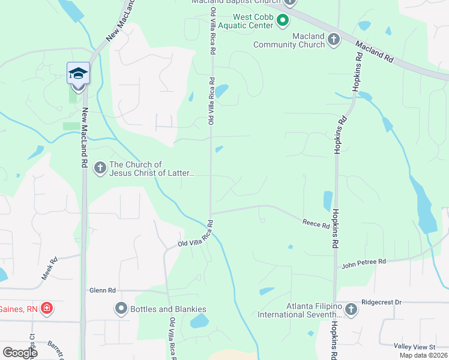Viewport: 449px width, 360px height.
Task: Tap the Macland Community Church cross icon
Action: [x=334, y=40]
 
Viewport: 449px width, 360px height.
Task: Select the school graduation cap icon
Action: [x=78, y=73]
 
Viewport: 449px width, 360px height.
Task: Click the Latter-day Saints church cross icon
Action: [x=100, y=169]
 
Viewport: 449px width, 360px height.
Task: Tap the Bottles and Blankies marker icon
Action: [x=121, y=309]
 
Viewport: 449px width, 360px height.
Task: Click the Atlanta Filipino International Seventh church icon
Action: [x=351, y=310]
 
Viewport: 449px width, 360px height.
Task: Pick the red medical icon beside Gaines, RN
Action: [x=46, y=309]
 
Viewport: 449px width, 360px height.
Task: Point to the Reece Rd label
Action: [x=316, y=224]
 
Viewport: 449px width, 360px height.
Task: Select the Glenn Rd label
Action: [x=102, y=290]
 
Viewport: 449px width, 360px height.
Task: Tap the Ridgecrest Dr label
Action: [x=381, y=303]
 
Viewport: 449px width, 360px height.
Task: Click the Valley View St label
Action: [x=414, y=347]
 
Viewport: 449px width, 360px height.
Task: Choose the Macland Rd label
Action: [x=373, y=52]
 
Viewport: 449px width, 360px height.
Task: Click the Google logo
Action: [x=20, y=353]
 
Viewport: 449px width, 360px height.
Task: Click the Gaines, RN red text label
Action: [x=19, y=309]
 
